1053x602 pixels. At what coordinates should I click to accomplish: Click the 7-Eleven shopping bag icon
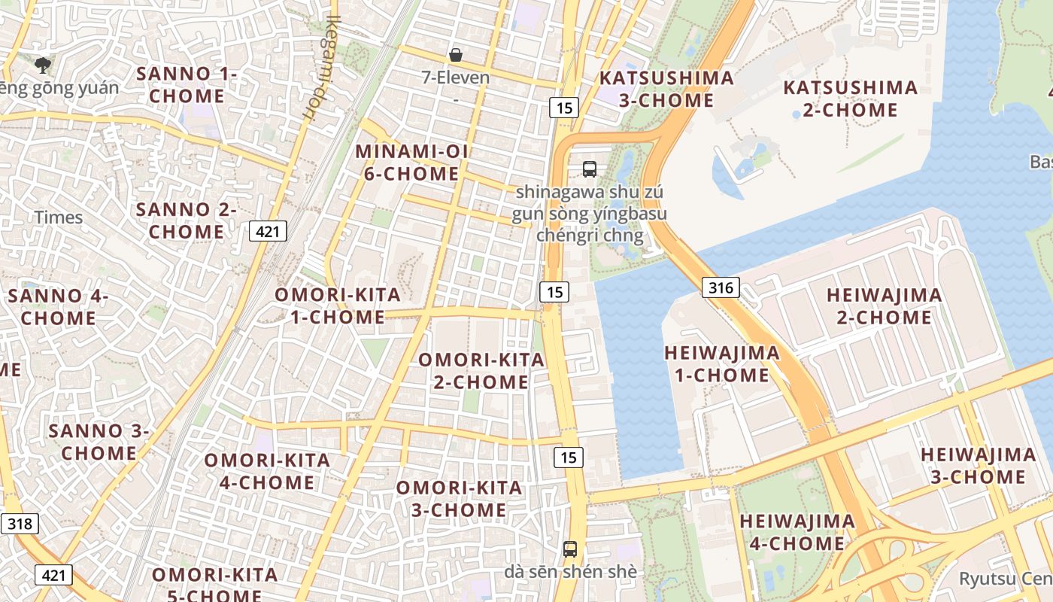456,55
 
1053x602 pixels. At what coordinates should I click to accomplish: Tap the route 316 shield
721,287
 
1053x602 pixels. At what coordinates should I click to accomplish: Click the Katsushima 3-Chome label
666,89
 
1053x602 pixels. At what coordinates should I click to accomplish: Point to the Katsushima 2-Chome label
850,99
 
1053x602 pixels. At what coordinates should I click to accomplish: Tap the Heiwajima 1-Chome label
722,363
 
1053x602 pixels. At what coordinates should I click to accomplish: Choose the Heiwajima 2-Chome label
884,306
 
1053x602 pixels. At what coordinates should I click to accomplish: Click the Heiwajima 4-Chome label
797,532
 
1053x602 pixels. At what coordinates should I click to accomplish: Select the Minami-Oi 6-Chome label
411,163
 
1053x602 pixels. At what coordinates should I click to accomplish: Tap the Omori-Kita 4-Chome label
267,471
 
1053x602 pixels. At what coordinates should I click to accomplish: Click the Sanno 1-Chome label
187,85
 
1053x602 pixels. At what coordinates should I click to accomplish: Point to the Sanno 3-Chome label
99,442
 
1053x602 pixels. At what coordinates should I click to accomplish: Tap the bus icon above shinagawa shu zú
590,169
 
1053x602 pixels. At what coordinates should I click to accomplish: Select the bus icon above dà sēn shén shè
570,549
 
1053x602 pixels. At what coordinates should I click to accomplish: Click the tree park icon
43,65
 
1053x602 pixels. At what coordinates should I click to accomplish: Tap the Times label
59,217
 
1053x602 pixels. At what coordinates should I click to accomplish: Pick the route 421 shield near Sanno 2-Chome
269,231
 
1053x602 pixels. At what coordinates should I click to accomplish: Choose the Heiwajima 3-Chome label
978,466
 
